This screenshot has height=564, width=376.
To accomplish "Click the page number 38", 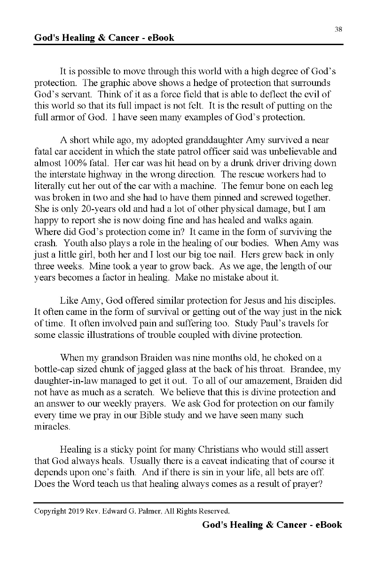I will point(338,29).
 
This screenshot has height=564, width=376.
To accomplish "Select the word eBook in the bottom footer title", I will point(327,525).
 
